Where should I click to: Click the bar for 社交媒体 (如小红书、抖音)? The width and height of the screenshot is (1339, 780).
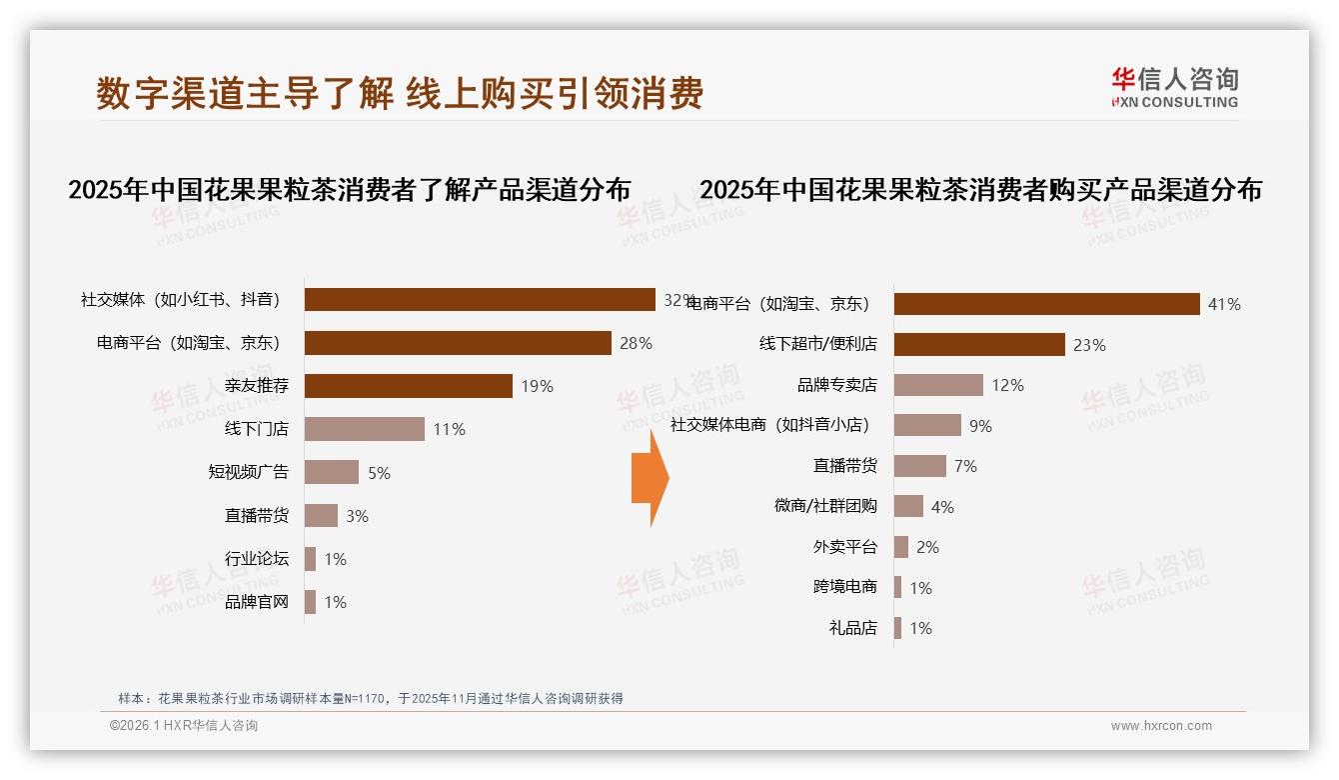480,300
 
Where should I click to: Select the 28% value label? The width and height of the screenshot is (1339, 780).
636,343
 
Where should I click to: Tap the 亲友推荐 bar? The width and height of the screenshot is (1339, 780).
408,386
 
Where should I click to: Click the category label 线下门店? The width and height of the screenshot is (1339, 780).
257,429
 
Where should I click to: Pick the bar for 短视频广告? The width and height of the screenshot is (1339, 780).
331,472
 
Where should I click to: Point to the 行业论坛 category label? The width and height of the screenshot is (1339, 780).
257,558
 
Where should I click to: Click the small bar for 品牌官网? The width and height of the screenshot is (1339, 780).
310,602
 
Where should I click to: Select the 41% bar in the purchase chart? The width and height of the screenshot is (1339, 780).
1046,304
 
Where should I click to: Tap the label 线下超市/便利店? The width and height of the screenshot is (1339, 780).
817,344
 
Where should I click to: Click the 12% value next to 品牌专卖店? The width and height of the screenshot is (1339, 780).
1007,385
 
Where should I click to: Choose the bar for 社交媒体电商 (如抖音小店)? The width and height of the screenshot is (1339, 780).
927,425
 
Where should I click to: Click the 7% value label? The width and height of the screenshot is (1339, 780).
965,466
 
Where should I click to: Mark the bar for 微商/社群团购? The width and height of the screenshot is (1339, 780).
908,506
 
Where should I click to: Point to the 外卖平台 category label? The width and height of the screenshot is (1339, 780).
844,547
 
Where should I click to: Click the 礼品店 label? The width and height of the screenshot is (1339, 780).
852,628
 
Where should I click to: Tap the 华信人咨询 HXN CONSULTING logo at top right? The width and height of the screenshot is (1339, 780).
1174,88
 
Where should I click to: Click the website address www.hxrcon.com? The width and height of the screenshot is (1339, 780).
1161,726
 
